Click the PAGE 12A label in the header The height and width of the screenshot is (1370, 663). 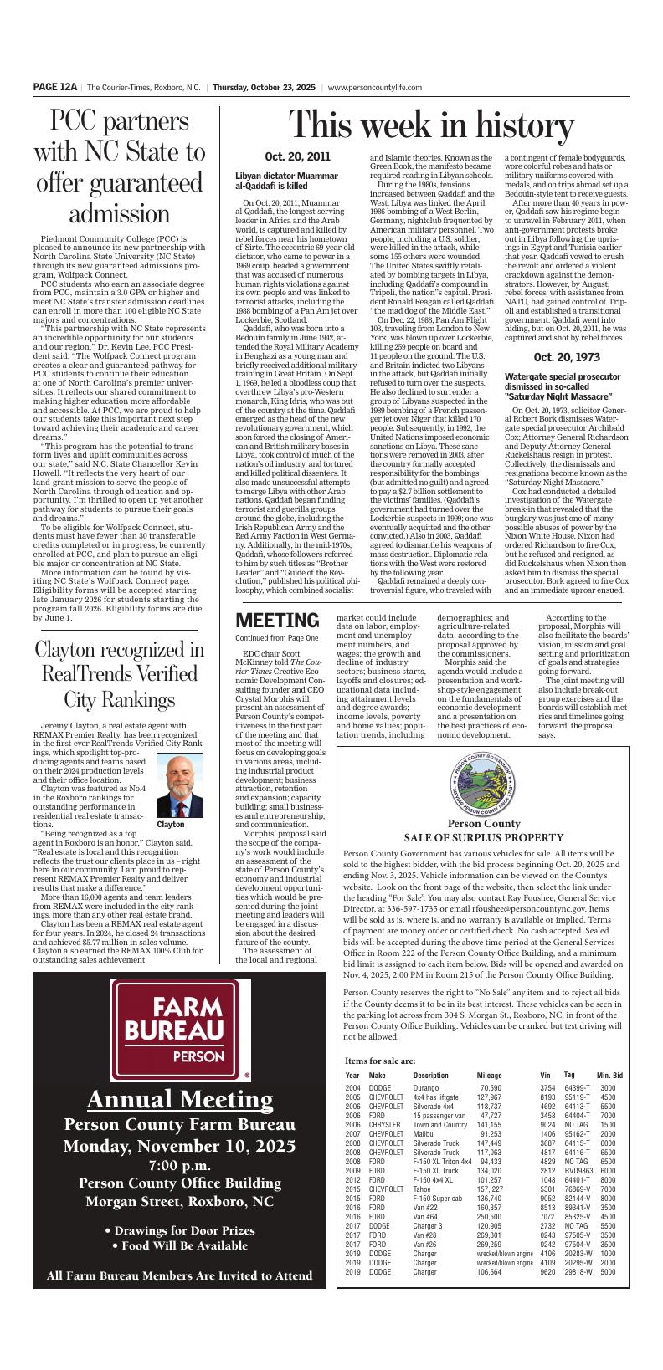click(x=55, y=86)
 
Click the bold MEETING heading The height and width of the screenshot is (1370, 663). click(x=277, y=621)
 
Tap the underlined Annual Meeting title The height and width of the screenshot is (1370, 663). click(x=181, y=1098)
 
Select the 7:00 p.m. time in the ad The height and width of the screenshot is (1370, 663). click(x=181, y=1165)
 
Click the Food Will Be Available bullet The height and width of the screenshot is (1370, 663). click(x=181, y=1245)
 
